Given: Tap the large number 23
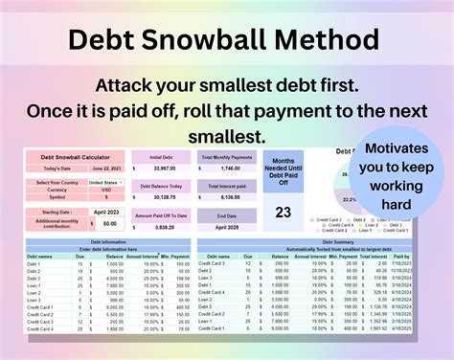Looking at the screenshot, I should click(x=283, y=214).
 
